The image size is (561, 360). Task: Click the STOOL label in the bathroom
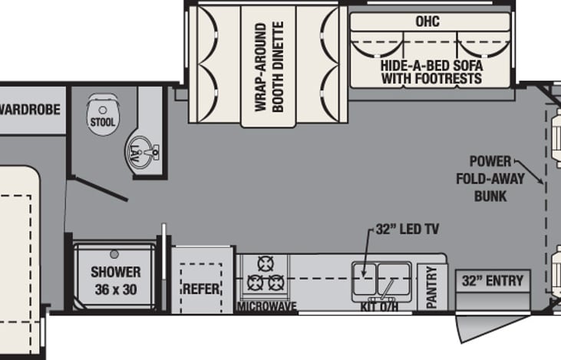tap(102, 122)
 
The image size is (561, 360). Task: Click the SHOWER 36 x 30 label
tap(116, 279)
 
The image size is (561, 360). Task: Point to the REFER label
tap(200, 289)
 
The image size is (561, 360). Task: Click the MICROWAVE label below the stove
tap(266, 306)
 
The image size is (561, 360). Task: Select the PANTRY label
tap(431, 287)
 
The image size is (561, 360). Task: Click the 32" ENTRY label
tap(492, 280)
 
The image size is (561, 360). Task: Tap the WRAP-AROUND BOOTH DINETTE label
tap(269, 67)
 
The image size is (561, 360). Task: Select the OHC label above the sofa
tap(427, 21)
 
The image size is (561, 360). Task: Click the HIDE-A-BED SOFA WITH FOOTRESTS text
tap(431, 72)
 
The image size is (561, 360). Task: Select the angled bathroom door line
tap(98, 189)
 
